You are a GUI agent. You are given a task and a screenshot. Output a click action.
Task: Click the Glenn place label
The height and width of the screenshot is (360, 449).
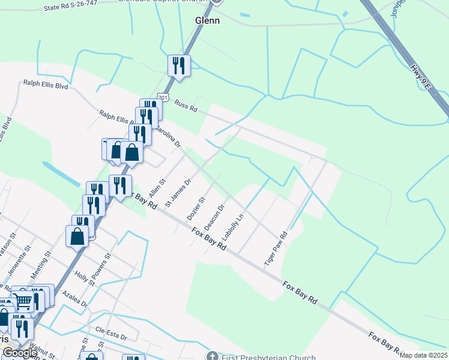pyautogui.click(x=208, y=20)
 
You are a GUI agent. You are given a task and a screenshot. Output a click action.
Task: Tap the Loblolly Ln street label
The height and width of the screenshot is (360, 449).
pyautogui.click(x=234, y=227)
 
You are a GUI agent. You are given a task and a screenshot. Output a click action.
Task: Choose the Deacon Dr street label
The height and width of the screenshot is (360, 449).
pyautogui.click(x=214, y=217)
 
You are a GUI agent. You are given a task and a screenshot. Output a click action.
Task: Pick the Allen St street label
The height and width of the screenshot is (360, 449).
pyautogui.click(x=157, y=188)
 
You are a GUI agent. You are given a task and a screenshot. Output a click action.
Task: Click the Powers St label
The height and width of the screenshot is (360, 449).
pyautogui.click(x=103, y=263)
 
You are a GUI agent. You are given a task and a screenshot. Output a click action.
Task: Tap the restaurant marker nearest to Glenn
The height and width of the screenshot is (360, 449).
pyautogui.click(x=179, y=65)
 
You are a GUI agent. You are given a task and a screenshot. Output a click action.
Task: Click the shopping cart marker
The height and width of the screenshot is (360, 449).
pyautogui.click(x=23, y=300)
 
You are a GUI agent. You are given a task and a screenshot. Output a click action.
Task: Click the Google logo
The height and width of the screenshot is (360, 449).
pyautogui.click(x=20, y=353)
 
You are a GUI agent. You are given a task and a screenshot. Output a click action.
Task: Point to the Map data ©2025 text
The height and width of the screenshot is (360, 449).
pyautogui.click(x=423, y=355)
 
